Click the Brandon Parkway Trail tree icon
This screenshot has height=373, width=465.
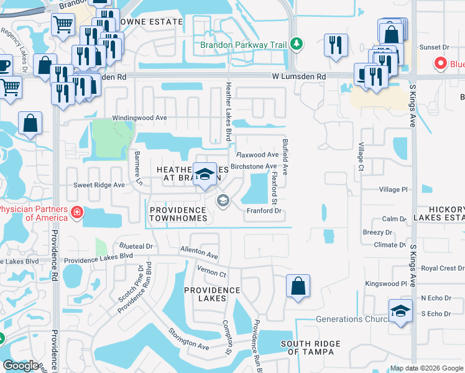tap(298, 44)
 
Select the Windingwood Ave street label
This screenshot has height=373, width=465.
tap(140, 117)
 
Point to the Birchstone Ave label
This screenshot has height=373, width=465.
tap(253, 167)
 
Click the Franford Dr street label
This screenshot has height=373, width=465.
tap(265, 211)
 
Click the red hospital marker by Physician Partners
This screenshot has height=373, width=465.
tap(77, 213)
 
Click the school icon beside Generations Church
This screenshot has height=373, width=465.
tap(400, 311)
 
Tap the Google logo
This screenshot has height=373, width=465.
tap(21, 366)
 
